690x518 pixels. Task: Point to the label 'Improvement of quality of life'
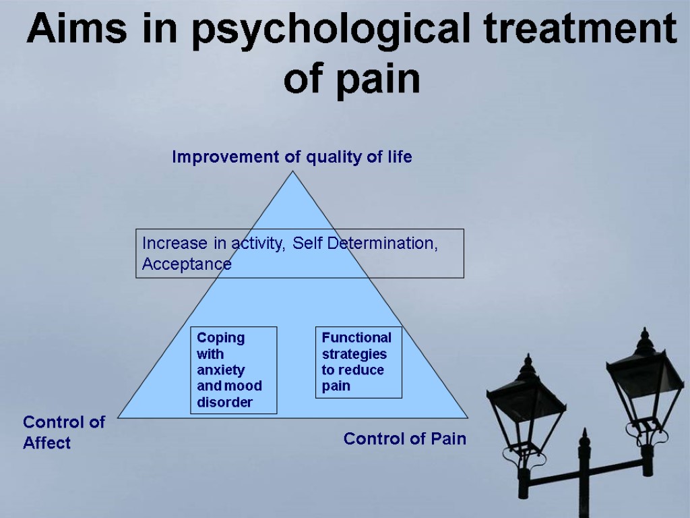click(x=292, y=157)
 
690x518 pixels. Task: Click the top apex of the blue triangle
click(x=293, y=172)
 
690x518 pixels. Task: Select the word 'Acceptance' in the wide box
click(x=187, y=264)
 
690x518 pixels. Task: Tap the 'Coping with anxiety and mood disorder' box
click(x=234, y=370)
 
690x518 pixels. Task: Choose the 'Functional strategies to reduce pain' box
click(x=358, y=362)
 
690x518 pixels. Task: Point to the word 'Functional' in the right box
click(x=356, y=337)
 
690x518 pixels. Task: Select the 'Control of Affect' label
click(x=63, y=432)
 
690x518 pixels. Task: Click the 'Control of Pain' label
click(x=404, y=439)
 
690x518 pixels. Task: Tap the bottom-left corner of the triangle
click(x=119, y=416)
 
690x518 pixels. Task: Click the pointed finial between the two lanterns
click(x=584, y=438)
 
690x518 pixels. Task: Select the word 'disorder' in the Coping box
click(x=224, y=403)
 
